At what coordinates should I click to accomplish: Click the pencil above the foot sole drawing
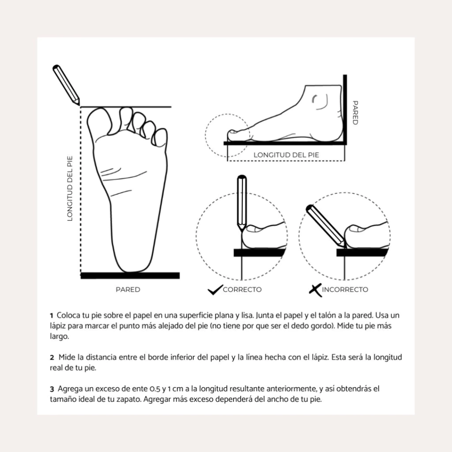66,84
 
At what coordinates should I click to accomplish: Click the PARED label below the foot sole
128,290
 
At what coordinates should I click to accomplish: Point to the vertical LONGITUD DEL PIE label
70,188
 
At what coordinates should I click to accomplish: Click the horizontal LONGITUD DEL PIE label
286,155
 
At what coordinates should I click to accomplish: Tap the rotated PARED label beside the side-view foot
355,113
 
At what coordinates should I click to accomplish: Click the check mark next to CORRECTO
215,290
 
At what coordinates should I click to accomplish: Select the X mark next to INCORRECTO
315,290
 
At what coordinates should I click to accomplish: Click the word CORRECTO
242,290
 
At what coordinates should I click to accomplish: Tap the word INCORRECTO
345,290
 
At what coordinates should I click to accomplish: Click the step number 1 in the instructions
51,316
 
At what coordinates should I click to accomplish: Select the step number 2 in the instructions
52,358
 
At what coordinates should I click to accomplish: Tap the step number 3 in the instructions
52,389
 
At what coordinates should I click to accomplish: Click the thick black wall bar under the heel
130,275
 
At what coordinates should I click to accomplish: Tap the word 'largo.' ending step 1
60,337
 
